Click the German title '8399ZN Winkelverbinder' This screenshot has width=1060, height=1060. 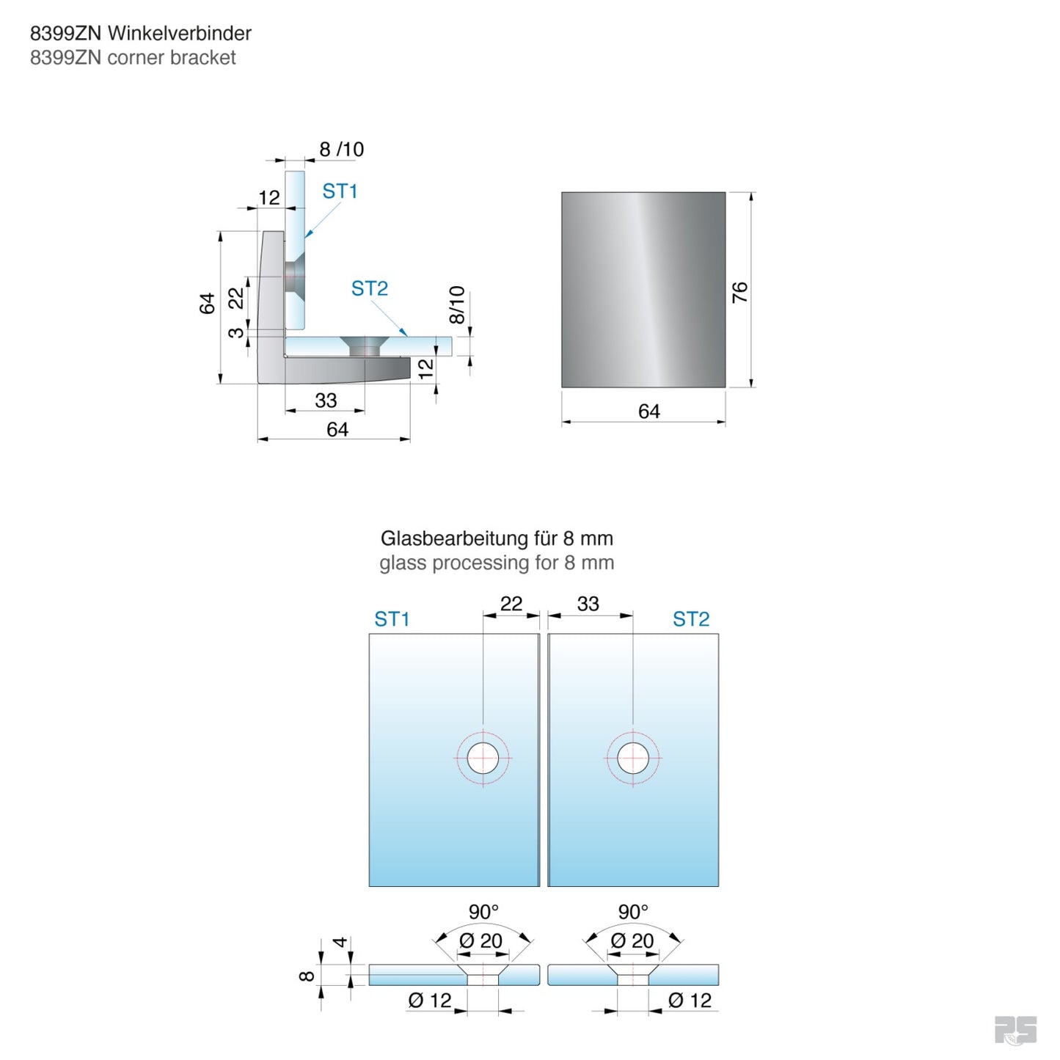pos(140,33)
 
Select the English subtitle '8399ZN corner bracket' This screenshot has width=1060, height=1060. pos(133,58)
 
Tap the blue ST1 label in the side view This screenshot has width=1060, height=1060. pos(340,191)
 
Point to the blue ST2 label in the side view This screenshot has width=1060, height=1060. pos(369,289)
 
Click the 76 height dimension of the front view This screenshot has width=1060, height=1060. pos(739,292)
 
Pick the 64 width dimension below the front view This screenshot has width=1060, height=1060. pos(648,412)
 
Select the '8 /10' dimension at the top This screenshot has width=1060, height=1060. pos(341,150)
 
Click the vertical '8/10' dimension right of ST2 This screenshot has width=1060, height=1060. pos(456,305)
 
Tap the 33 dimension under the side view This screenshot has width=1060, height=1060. pos(326,401)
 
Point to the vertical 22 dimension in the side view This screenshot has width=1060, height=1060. pos(235,299)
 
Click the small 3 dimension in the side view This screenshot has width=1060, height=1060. pos(235,332)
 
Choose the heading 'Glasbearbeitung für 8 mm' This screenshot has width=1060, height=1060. pos(497,538)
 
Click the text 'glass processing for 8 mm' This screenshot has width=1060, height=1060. pos(497,563)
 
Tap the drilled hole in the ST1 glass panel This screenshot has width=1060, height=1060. pos(483,759)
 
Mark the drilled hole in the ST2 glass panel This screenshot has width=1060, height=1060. pos(632,759)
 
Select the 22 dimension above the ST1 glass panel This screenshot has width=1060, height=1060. pos(511,604)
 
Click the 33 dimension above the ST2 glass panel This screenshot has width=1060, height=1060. pos(588,604)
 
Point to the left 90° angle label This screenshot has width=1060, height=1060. pos(483,912)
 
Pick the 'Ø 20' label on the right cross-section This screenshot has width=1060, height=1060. pos(632,940)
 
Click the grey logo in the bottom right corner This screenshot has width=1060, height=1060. pos(1015,1030)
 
